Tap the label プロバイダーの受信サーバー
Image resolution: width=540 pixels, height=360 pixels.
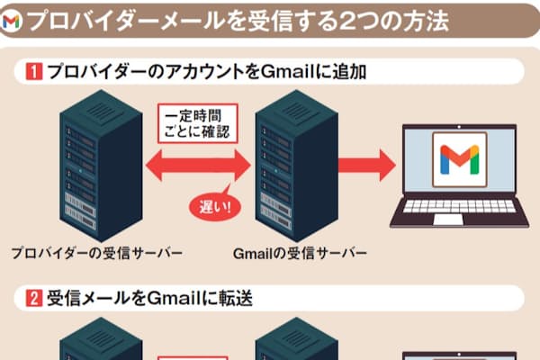[96, 253]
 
